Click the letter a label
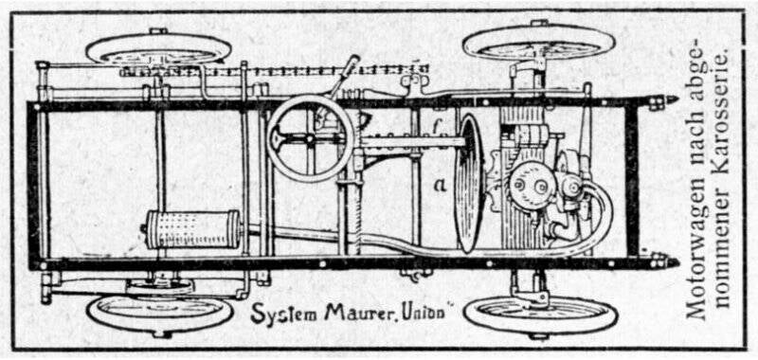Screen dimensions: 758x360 pos(439,185)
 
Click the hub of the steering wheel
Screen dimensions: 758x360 pos(310,138)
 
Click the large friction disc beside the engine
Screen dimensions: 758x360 pos(470,182)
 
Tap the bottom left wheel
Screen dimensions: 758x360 pos(159,313)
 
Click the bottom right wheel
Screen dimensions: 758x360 pos(540,315)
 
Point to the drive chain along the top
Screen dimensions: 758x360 pos(275,71)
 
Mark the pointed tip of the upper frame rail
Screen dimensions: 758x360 pos(671,99)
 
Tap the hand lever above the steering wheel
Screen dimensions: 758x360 pos(343,76)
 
